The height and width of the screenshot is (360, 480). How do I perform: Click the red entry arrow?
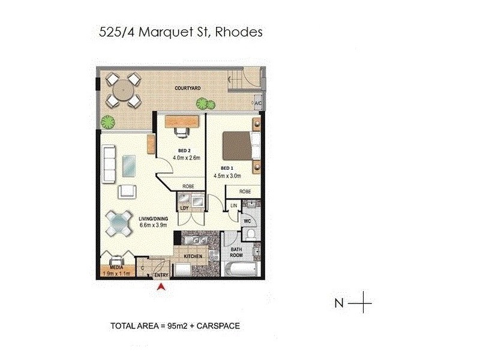(160, 288)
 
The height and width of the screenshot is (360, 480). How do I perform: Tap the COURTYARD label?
(187, 88)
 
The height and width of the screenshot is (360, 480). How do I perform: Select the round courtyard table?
(122, 92)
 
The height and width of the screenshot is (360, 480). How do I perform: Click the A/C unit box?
(258, 103)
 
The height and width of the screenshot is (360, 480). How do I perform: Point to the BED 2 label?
(185, 150)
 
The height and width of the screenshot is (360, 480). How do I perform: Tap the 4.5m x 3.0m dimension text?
(227, 176)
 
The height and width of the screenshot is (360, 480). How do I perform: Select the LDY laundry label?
(185, 208)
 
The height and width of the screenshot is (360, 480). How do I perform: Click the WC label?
(247, 220)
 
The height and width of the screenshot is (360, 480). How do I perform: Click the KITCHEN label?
(192, 256)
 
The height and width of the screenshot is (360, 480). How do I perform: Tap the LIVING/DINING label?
(153, 218)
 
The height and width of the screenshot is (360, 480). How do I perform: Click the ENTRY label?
(161, 275)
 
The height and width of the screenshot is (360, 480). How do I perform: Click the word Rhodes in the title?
(241, 32)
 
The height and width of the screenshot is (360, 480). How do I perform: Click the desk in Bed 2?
(182, 121)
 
